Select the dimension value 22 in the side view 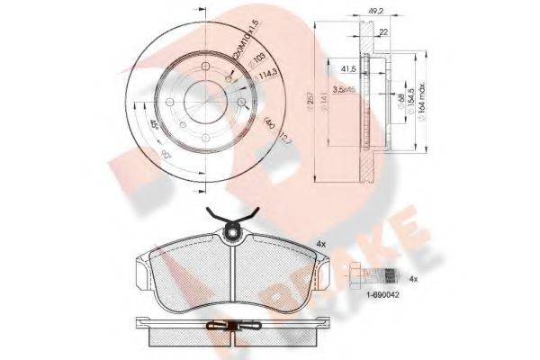(x=384, y=34)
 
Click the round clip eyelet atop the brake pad (x=234, y=235)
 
